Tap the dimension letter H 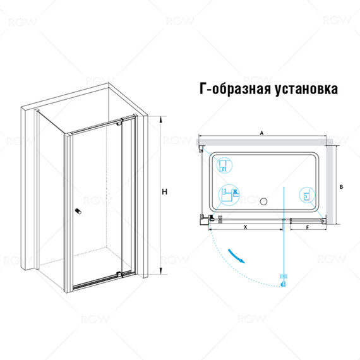click(164, 192)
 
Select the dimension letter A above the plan click(262, 133)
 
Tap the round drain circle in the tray click(264, 202)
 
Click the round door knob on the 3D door click(78, 212)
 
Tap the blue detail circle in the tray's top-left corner click(223, 165)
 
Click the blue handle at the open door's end click(283, 279)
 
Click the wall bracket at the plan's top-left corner click(201, 149)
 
